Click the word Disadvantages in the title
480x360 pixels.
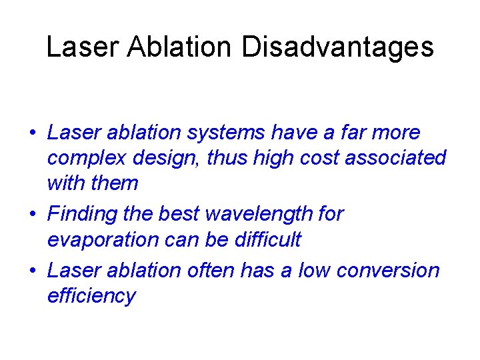click(337, 47)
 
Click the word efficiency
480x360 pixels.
click(91, 295)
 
